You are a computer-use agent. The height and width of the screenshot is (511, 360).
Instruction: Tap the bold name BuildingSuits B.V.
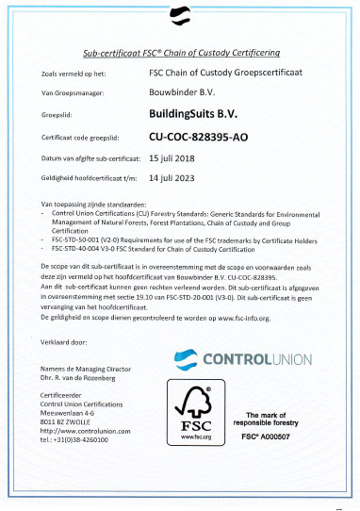pyautogui.click(x=203, y=114)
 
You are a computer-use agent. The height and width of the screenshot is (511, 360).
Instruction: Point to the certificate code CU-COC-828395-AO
pyautogui.click(x=213, y=137)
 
